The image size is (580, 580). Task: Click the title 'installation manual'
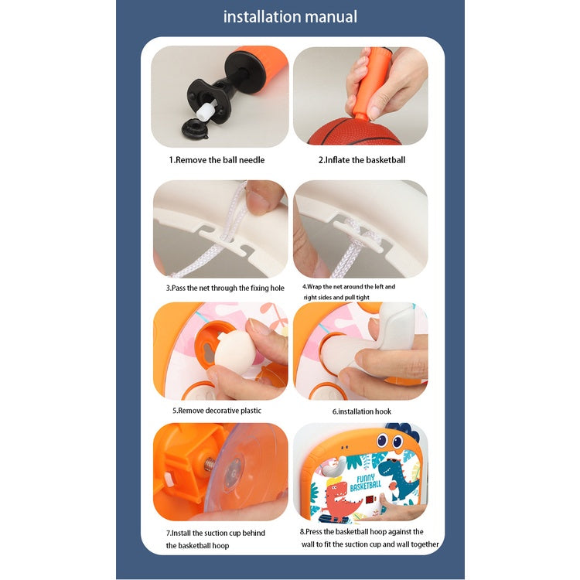(x=290, y=17)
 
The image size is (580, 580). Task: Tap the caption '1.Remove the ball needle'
(x=217, y=160)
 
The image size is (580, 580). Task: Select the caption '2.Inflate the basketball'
(x=362, y=160)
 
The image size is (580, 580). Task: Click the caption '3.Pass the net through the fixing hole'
(x=225, y=288)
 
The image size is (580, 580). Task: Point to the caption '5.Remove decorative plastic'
(x=217, y=411)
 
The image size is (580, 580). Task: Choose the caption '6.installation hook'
(x=361, y=411)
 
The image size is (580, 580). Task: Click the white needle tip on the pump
(x=206, y=111)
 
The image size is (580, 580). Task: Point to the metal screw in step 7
(x=210, y=464)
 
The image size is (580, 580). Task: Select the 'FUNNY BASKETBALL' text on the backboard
(x=366, y=482)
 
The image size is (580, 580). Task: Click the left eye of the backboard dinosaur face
(x=381, y=440)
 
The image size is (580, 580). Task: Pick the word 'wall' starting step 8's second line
(x=308, y=544)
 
